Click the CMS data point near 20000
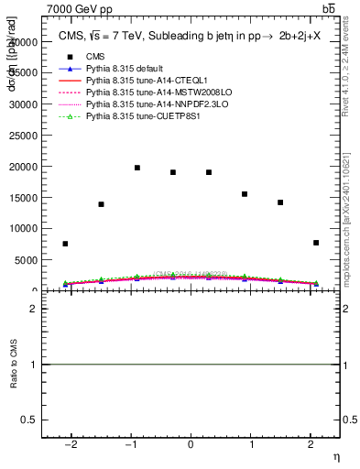coord(136,168)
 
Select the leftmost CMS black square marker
coord(65,244)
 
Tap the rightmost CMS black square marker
coord(316,243)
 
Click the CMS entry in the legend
coord(96,58)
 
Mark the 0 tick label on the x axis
coord(191,445)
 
